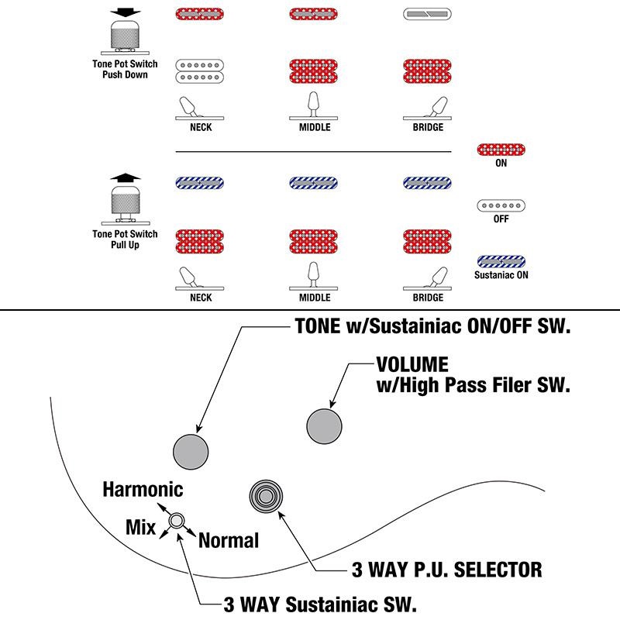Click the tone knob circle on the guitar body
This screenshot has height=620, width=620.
(x=191, y=450)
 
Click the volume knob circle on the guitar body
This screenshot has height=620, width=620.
(x=325, y=425)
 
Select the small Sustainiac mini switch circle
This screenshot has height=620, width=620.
(x=177, y=520)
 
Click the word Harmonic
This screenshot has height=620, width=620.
(x=143, y=490)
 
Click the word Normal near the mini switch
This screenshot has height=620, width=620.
(x=229, y=540)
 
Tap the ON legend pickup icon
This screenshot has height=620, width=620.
(x=501, y=149)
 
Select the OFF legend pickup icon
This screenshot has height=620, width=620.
(x=501, y=205)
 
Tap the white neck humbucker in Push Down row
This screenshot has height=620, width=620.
(x=201, y=71)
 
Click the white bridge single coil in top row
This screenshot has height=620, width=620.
(x=429, y=14)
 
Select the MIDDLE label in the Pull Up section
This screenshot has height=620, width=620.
(x=315, y=298)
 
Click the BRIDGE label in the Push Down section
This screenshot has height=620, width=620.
(x=429, y=127)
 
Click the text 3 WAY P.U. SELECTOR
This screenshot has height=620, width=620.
(x=446, y=571)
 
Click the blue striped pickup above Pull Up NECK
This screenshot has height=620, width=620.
(x=201, y=184)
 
